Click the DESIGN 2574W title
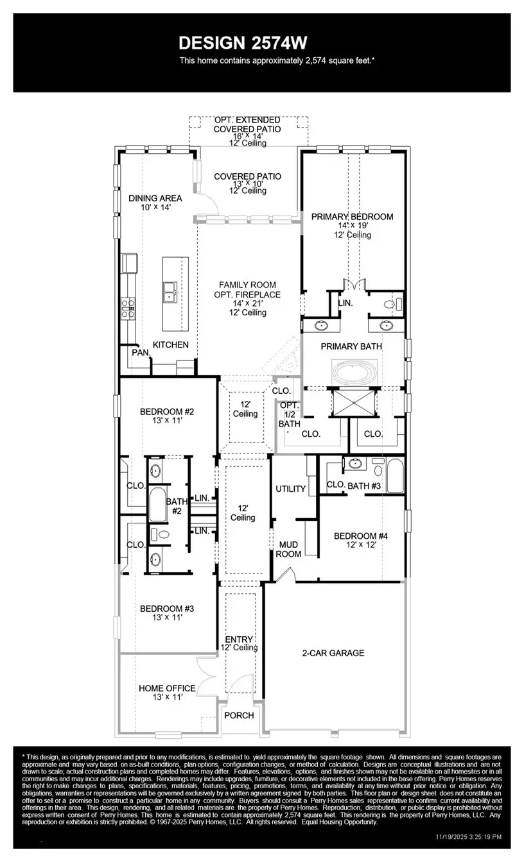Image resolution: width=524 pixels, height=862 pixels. tap(243, 43)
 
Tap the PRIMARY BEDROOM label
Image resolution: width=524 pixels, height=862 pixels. tap(352, 217)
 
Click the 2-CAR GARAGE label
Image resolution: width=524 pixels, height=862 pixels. tap(333, 653)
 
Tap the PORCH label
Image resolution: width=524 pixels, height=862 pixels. tap(238, 715)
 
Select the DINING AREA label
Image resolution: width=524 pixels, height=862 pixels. tap(155, 198)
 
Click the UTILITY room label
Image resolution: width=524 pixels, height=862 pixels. tap(290, 489)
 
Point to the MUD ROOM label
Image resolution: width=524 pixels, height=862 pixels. tap(288, 549)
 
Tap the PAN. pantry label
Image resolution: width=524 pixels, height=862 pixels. tap(140, 352)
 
